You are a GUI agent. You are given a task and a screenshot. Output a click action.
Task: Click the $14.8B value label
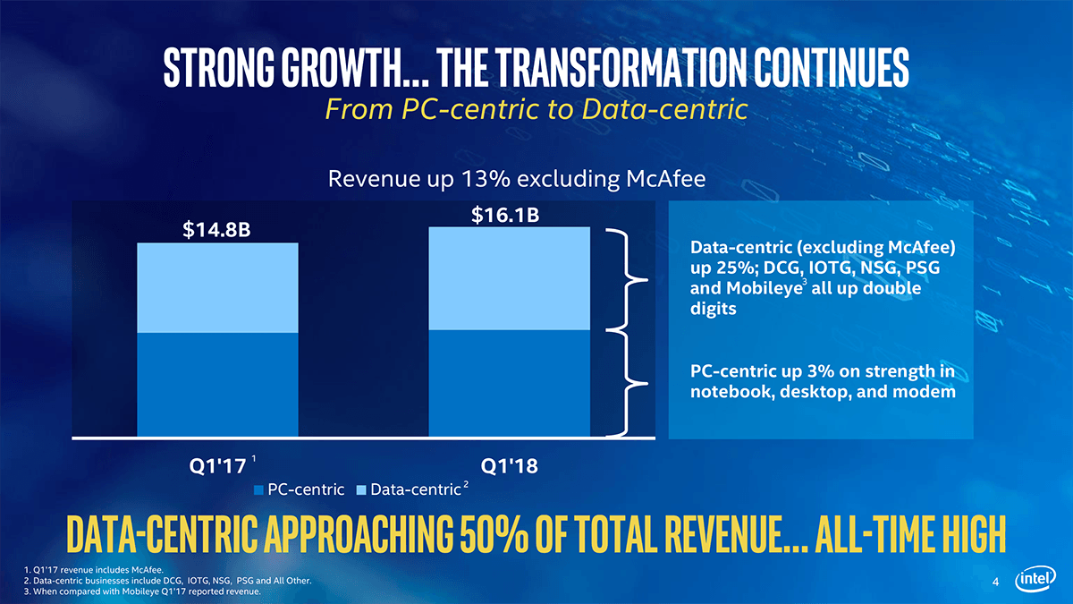pyautogui.click(x=216, y=231)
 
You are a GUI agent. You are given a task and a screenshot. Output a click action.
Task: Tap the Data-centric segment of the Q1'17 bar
pyautogui.click(x=217, y=287)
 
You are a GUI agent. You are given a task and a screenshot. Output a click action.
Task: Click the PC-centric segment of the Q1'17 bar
pyautogui.click(x=217, y=385)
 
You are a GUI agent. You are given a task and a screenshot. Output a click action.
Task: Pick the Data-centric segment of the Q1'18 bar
pyautogui.click(x=510, y=278)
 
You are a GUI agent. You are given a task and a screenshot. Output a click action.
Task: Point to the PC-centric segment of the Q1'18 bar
pyautogui.click(x=510, y=383)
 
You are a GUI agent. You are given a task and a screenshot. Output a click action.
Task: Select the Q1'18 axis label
pyautogui.click(x=509, y=465)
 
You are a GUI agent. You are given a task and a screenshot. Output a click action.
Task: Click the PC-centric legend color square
pyautogui.click(x=260, y=489)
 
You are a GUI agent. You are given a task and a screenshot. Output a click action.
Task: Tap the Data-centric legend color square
pyautogui.click(x=361, y=489)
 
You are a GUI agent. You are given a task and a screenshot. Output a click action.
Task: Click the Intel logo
pyautogui.click(x=1036, y=582)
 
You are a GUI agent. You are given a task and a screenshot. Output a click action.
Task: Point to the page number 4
pyautogui.click(x=995, y=584)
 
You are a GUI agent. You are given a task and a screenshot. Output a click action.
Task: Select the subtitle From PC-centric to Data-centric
pyautogui.click(x=536, y=110)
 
